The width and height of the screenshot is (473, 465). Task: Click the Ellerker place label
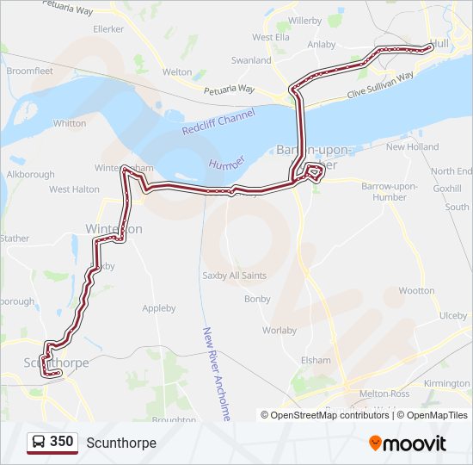point(109,28)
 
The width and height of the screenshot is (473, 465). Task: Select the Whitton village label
point(70,123)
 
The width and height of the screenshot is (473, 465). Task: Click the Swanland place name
point(251,61)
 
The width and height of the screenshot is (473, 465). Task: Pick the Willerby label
point(304,19)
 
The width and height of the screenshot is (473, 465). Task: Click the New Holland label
point(412,147)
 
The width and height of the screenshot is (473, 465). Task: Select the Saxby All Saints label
point(234,276)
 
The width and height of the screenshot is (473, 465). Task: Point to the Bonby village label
point(257,299)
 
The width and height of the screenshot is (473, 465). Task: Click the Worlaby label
point(279,330)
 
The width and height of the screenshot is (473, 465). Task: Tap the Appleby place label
point(159,308)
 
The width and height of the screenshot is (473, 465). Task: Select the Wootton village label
point(417,291)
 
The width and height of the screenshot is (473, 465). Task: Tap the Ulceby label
point(453,316)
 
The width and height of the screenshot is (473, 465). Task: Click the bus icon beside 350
point(39,442)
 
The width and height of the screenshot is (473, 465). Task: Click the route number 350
point(61,442)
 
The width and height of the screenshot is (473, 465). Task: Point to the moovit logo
point(408,443)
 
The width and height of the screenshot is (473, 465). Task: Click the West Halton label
point(74,189)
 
